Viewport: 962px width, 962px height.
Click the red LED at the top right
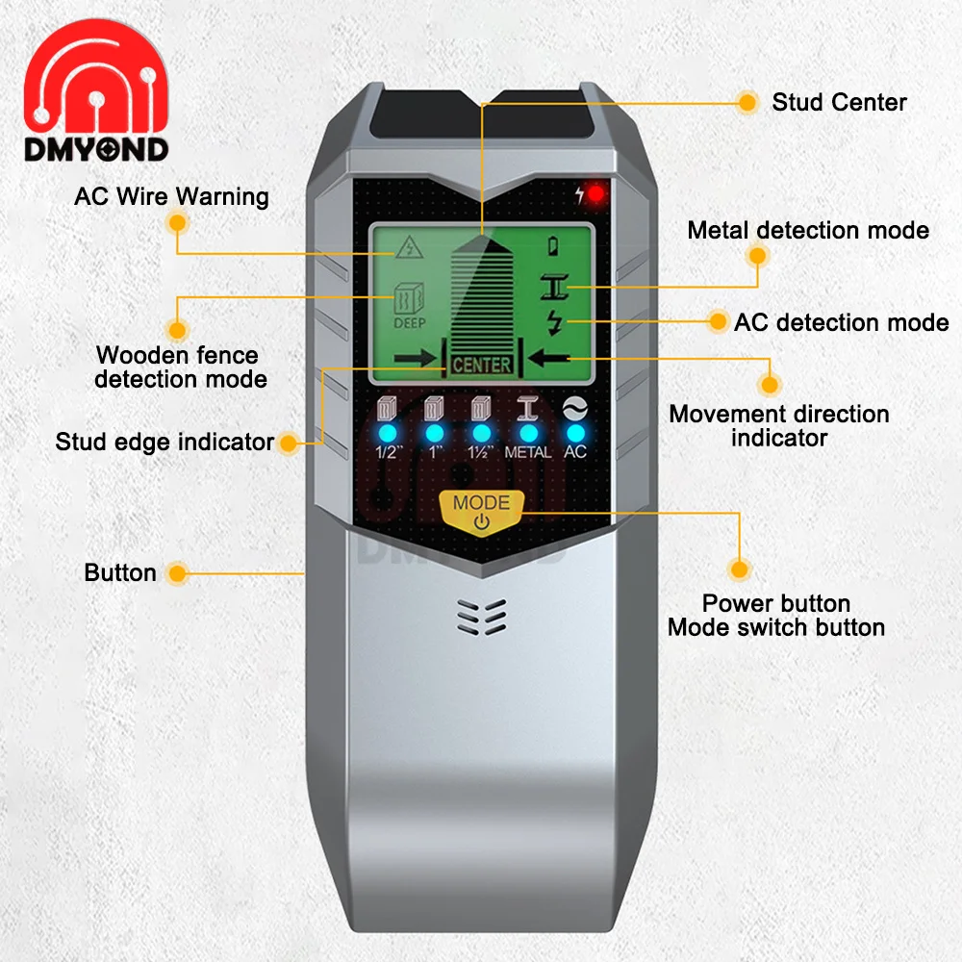coord(596,194)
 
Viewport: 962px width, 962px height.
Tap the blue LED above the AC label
coord(575,432)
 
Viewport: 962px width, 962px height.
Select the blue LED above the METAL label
coord(528,432)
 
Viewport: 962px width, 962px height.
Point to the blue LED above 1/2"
coord(387,432)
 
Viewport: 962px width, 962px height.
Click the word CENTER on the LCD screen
coord(481,366)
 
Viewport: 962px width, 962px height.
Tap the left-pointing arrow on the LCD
coord(550,359)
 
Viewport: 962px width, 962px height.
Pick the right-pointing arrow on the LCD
coord(415,359)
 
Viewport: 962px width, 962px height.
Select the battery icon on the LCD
coord(553,246)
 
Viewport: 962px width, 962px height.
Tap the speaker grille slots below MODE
coord(481,617)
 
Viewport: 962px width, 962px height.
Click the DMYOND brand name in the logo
coord(97,149)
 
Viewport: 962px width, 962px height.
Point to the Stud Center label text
coord(839,102)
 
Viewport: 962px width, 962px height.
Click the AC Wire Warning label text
coord(171,197)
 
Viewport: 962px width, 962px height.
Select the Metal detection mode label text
coord(808,230)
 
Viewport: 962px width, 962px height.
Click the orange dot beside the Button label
coord(175,573)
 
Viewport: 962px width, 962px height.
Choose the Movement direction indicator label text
coord(779,426)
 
